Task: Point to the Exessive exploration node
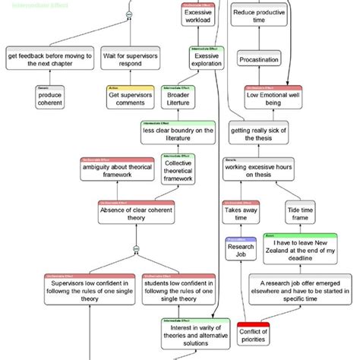click(x=207, y=60)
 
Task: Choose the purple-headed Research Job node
click(x=240, y=251)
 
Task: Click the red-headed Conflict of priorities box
click(x=254, y=336)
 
